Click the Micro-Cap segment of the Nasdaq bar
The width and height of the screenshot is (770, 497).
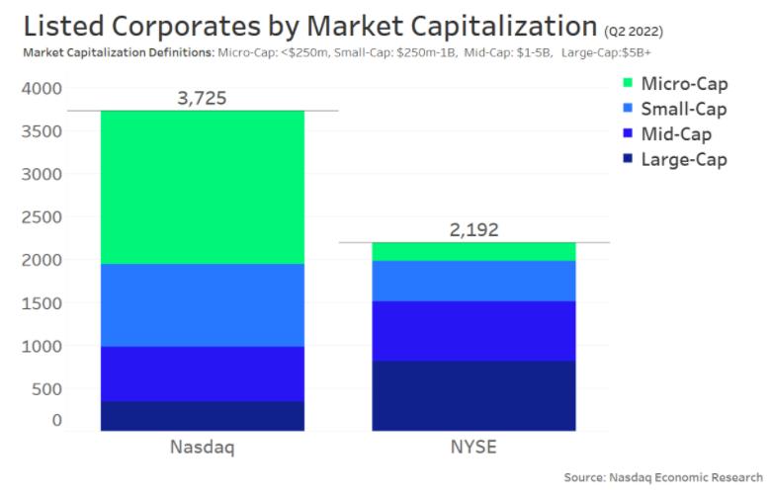pos(203,187)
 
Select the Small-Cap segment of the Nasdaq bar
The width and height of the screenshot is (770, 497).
pos(203,304)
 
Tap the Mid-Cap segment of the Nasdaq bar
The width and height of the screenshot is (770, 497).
pos(203,373)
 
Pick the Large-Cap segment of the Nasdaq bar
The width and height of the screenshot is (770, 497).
pos(203,416)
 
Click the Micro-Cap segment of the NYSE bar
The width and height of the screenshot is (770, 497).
pos(473,251)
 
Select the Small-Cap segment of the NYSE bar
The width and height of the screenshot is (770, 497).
pos(473,281)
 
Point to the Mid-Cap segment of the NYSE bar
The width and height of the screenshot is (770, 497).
pos(473,331)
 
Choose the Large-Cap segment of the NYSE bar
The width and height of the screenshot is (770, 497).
pos(473,395)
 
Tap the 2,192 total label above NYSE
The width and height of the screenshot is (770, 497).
pos(473,229)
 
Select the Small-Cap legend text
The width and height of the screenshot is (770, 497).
pos(684,109)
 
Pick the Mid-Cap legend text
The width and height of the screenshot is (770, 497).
pos(677,134)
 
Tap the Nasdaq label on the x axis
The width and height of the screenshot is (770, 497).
pos(203,448)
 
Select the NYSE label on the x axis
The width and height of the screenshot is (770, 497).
pos(473,448)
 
